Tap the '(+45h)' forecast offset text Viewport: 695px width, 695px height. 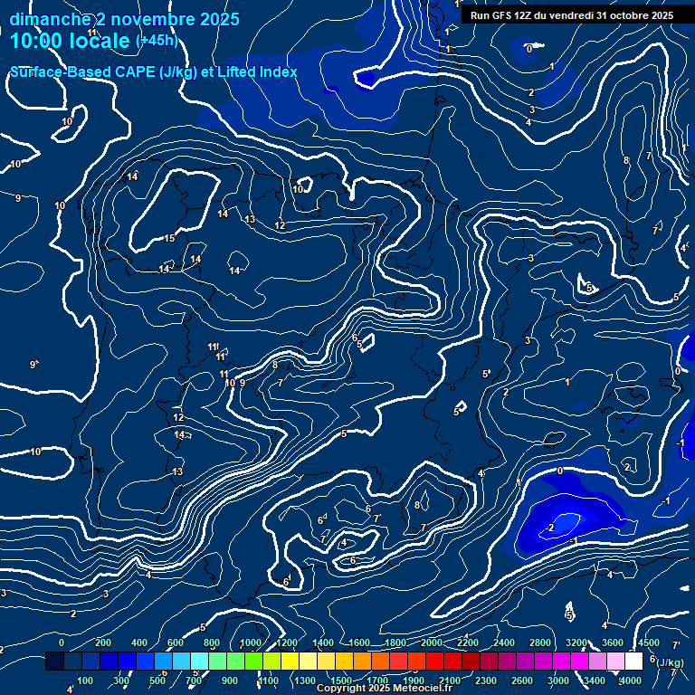tap(157, 41)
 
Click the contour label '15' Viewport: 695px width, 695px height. tap(169, 239)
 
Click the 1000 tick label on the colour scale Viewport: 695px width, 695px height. tap(251, 643)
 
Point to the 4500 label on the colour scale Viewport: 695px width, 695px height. tap(649, 643)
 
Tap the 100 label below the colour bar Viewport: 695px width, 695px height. tap(85, 681)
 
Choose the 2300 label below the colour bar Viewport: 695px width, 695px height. tap(486, 681)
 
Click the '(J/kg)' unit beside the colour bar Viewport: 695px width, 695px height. tap(671, 662)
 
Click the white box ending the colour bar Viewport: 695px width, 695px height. tap(633, 662)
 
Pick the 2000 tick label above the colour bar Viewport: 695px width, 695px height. tap(432, 643)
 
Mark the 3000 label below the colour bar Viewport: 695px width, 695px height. tap(558, 681)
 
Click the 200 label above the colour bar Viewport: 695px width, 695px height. tap(103, 643)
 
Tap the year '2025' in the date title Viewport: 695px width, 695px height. tap(218, 19)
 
